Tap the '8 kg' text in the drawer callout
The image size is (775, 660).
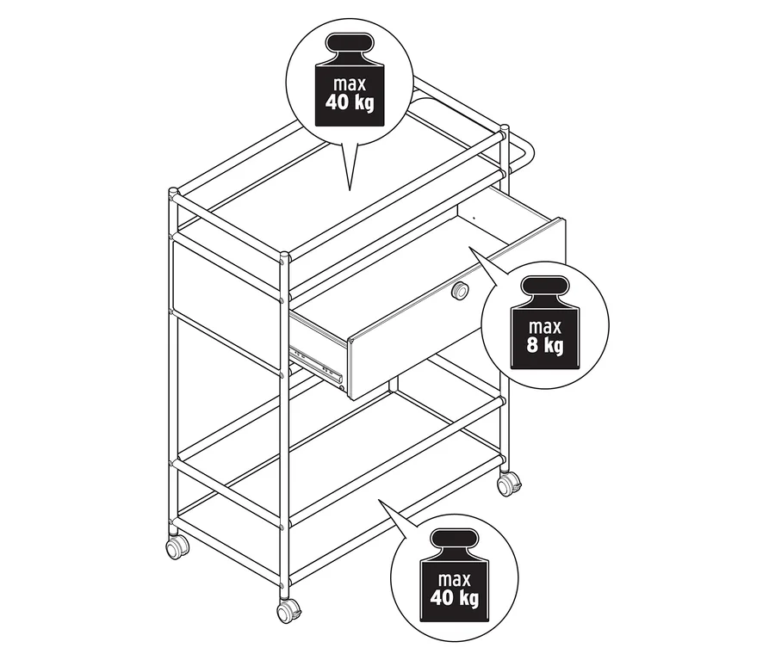[545, 344]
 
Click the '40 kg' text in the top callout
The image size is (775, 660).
[350, 102]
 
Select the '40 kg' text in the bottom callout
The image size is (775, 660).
[454, 598]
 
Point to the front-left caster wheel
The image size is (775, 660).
[177, 547]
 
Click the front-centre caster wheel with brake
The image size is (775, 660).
[288, 611]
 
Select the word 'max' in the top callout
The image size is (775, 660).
[350, 84]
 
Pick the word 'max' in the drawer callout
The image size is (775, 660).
[545, 327]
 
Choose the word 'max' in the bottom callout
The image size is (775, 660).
[454, 579]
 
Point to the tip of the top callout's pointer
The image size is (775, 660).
[350, 190]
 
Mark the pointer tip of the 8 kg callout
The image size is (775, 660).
[468, 247]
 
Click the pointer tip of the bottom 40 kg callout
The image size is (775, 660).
[379, 499]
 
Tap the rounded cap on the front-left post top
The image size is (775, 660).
[173, 192]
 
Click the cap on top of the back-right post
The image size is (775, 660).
[504, 130]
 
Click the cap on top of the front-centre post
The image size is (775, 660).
[284, 256]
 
